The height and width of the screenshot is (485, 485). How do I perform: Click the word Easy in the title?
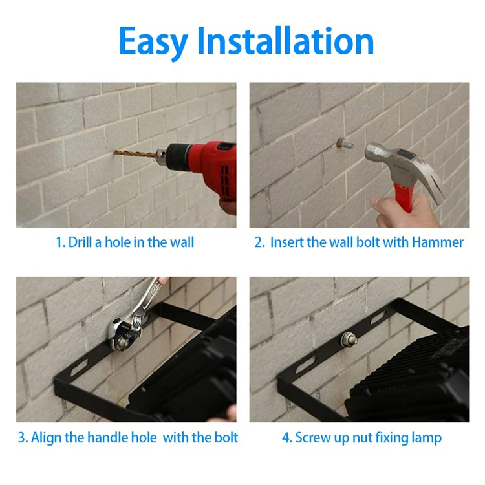click(153, 42)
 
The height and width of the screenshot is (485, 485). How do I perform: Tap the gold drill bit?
click(135, 153)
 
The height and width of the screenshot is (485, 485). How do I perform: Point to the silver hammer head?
click(402, 167)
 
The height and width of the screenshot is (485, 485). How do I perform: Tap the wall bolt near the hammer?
click(345, 144)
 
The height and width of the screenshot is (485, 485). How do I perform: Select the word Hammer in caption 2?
click(438, 242)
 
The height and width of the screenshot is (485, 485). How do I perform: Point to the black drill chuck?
click(178, 157)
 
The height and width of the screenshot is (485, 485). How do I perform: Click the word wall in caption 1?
click(182, 242)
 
